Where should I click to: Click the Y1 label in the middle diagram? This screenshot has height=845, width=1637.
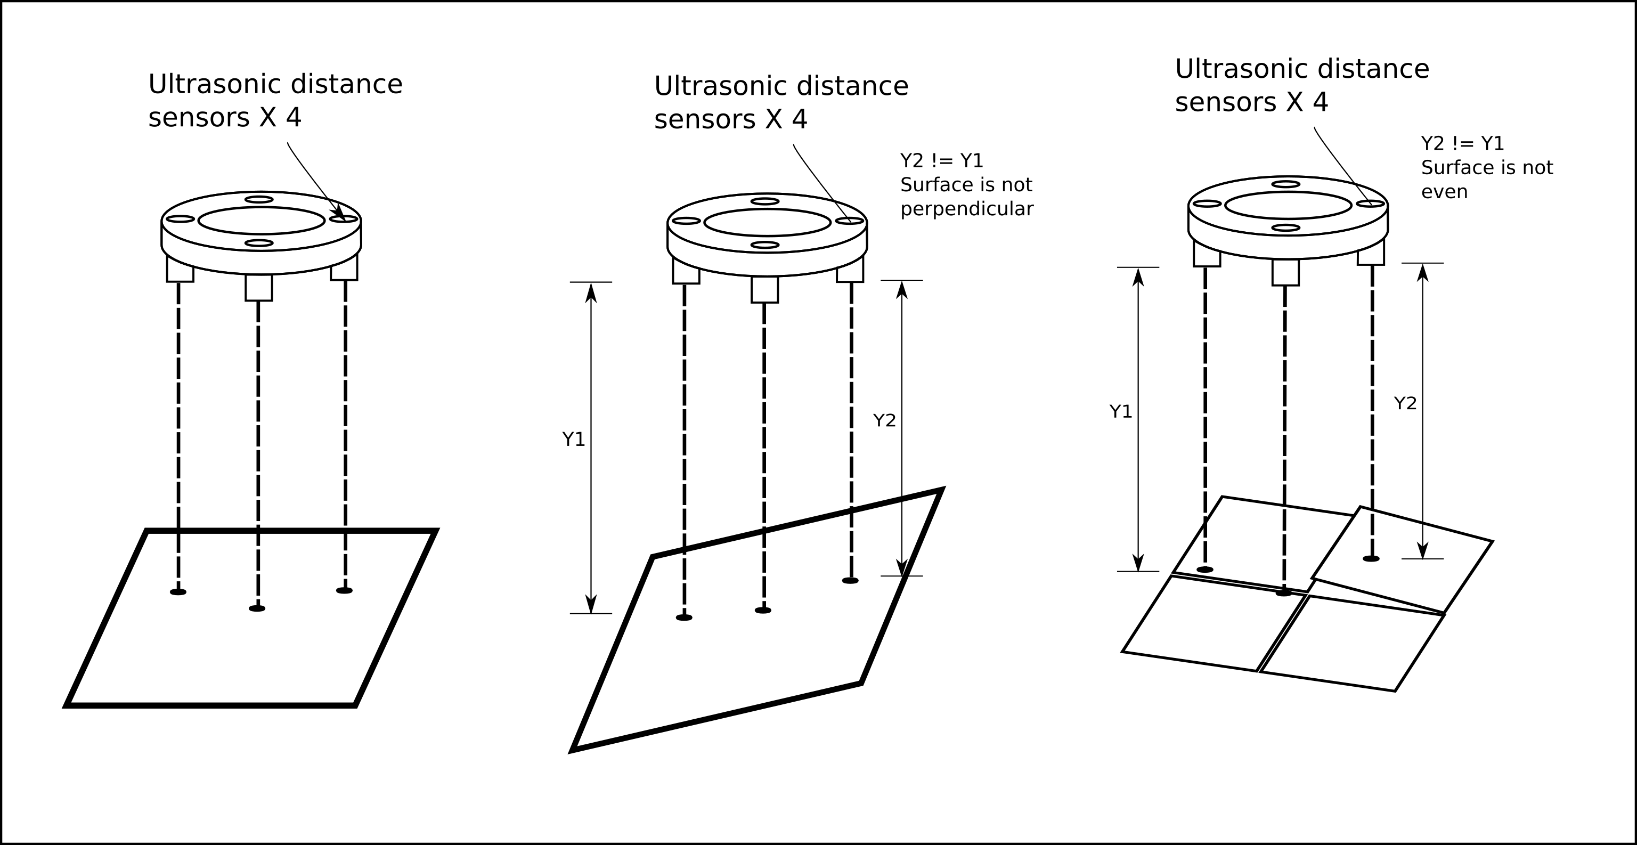pos(573,440)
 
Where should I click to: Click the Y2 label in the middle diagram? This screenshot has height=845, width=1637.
pos(884,420)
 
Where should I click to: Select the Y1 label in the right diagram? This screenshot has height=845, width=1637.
pos(1120,412)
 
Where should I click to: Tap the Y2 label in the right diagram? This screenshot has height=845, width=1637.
pos(1405,403)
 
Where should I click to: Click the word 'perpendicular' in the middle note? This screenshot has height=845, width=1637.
pos(966,209)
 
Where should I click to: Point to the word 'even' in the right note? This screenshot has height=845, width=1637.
pos(1444,192)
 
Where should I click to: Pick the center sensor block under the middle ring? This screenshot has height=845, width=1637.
pos(764,289)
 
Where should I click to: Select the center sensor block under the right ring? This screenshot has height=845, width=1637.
pos(1285,272)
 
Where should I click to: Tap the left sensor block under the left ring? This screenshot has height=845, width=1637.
pos(180,269)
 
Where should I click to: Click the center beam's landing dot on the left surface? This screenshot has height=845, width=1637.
pos(257,608)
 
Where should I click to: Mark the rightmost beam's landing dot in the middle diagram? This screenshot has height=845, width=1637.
pos(850,581)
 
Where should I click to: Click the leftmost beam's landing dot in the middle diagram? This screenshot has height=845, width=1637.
pos(684,617)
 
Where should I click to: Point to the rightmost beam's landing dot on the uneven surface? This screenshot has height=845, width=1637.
pos(1371,559)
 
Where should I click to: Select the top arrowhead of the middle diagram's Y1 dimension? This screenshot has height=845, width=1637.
pos(591,292)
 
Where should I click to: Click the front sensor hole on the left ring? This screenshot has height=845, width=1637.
pos(259,243)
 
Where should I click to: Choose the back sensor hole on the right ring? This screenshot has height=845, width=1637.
pos(1285,184)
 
